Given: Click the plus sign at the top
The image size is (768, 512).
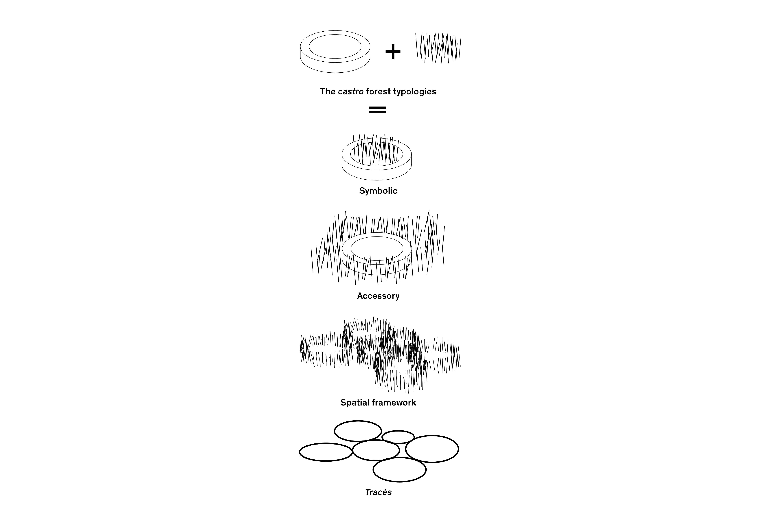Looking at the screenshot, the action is (x=393, y=52).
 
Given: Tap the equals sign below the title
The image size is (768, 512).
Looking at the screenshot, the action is (x=377, y=109).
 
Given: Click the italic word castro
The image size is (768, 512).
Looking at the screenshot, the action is (x=351, y=91).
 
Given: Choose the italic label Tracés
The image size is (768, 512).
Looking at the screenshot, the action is (x=378, y=492).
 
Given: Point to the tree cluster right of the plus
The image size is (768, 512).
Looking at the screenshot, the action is (x=438, y=48).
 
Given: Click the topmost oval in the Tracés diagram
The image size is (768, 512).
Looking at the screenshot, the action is (x=358, y=421).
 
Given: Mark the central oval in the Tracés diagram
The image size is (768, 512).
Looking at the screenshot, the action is (x=376, y=440).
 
